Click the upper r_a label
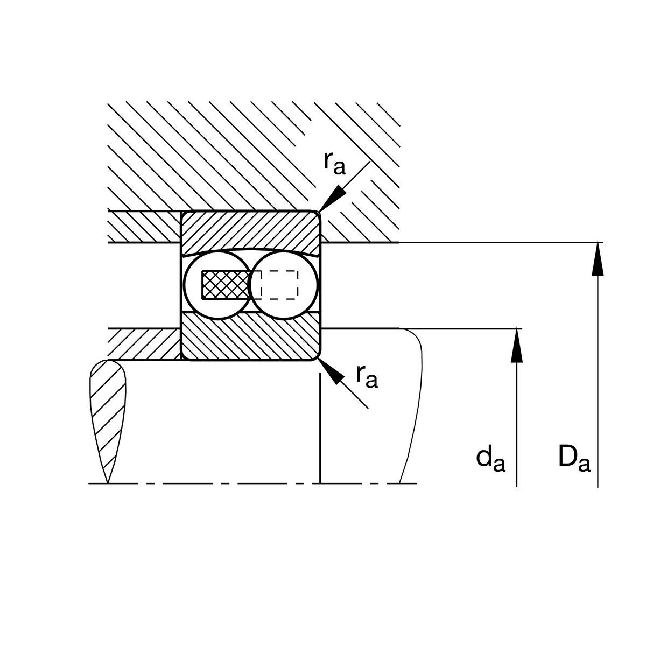point(334,163)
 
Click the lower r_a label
point(367,376)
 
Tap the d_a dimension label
point(490,459)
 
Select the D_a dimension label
point(574,459)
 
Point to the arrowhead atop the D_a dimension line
point(598,258)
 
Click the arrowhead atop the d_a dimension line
point(517,345)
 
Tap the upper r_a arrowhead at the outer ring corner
point(332,198)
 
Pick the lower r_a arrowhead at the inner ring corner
point(331,371)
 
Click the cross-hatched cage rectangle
point(227,285)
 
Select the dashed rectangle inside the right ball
point(279,285)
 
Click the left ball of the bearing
point(218,285)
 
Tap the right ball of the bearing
point(284,285)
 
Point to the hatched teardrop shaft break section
point(107,412)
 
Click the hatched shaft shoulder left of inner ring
point(144,344)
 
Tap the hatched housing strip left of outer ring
point(144,227)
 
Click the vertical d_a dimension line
point(517,408)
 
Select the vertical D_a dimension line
point(598,364)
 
